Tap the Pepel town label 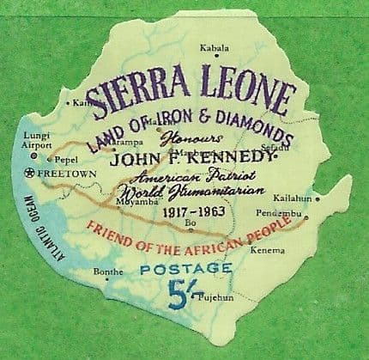pos(66,159)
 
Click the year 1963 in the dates pos(221,211)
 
